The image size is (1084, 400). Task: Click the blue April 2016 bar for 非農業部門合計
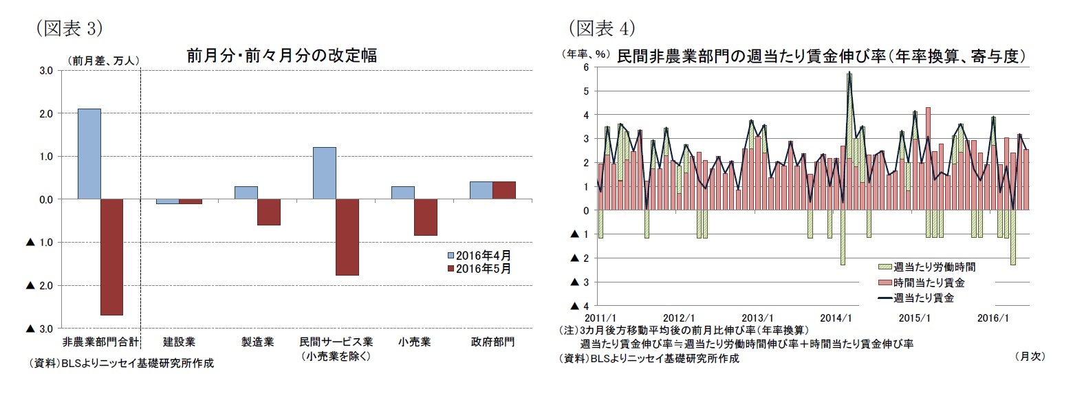point(89,154)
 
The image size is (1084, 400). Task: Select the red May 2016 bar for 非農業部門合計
point(111,257)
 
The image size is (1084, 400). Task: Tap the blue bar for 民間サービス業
point(324,173)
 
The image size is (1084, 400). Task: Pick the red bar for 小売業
point(426,217)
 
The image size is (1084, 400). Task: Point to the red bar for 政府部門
point(504,190)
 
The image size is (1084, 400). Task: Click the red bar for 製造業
point(269,212)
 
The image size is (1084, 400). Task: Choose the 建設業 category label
point(179,342)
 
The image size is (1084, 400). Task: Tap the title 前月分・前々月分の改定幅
point(281,56)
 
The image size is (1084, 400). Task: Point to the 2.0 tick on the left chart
point(45,113)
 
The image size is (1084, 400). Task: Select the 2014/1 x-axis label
point(836,318)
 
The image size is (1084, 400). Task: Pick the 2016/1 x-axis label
point(993,318)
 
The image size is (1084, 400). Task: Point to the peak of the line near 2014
point(849,74)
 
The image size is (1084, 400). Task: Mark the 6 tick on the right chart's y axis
point(585,67)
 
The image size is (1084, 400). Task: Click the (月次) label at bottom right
point(1029,356)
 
